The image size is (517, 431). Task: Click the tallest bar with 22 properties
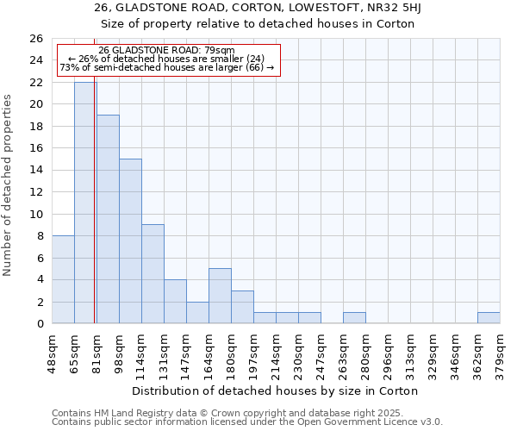point(85,203)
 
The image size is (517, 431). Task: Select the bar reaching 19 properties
point(108,219)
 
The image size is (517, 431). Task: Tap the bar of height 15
point(130,241)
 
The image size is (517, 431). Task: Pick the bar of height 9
point(153,274)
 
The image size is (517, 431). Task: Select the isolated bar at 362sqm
point(489,318)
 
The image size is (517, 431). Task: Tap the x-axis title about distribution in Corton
point(275,390)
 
